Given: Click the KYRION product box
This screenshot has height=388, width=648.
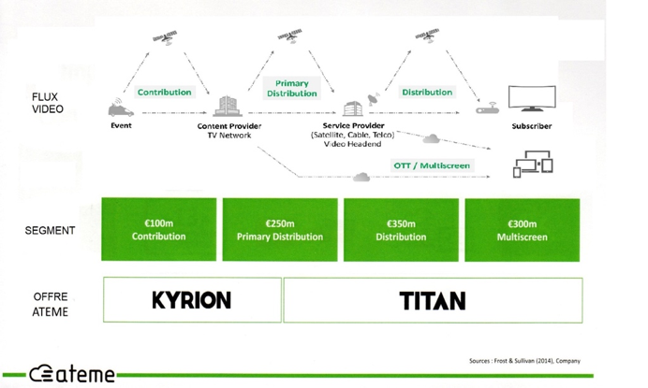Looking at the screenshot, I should [191, 299].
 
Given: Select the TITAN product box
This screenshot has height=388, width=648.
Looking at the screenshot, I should [433, 299].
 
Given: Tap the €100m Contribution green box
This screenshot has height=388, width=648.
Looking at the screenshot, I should [158, 230].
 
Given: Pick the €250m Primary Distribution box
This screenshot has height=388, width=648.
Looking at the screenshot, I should [280, 230].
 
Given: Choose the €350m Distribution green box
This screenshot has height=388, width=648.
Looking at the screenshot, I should [401, 230].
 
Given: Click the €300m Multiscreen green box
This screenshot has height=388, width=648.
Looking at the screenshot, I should [522, 230].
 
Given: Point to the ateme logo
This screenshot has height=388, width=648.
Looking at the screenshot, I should [71, 374].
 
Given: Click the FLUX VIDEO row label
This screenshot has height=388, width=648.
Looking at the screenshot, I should [47, 103].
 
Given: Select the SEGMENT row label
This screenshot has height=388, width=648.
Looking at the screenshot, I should [50, 230].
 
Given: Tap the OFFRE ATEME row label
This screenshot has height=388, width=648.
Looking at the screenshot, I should [50, 304].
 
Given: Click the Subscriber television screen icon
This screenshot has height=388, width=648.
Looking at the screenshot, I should [531, 98].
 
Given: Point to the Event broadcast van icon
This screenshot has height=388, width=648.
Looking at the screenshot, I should [121, 108].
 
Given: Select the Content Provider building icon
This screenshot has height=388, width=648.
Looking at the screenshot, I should [228, 106].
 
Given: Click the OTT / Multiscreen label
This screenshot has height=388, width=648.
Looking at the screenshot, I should [432, 165].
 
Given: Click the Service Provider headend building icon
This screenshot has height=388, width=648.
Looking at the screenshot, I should [353, 108].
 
